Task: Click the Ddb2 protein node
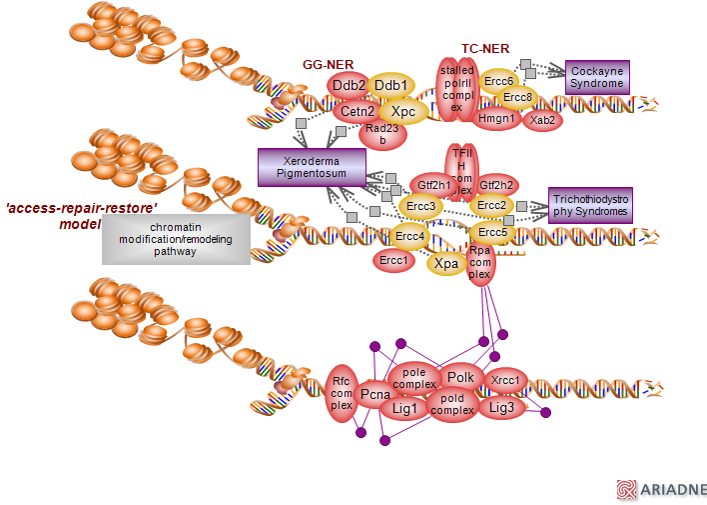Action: click(x=349, y=87)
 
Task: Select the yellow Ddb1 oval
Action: click(x=390, y=85)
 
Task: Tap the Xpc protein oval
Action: click(x=403, y=111)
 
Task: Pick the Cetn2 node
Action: click(x=357, y=111)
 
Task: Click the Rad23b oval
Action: click(x=382, y=134)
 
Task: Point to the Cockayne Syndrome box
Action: click(x=597, y=77)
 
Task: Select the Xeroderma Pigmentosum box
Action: click(x=307, y=167)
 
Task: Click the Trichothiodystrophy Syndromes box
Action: click(x=590, y=205)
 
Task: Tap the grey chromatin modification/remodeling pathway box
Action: click(x=176, y=239)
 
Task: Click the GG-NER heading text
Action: click(x=329, y=64)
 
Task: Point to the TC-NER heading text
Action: click(x=485, y=48)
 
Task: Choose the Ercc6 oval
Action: click(x=496, y=81)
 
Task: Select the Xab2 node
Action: click(x=543, y=120)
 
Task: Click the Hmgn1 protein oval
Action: click(x=496, y=119)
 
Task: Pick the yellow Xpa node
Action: click(x=446, y=264)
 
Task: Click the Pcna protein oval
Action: click(x=375, y=395)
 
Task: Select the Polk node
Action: click(x=460, y=377)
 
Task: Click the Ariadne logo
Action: click(x=662, y=489)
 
